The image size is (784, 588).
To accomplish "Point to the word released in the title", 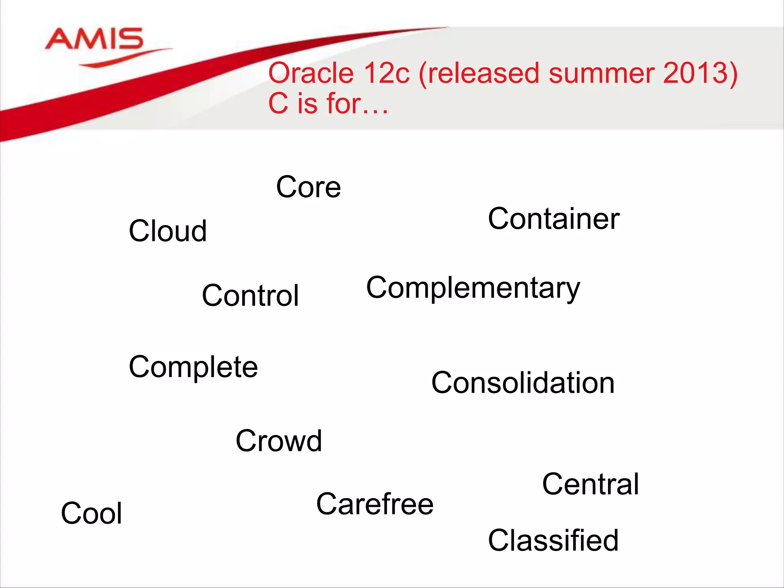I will (485, 73).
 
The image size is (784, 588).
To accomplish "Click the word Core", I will (309, 187).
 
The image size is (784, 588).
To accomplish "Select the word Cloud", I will (168, 231).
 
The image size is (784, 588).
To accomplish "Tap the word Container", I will (554, 219).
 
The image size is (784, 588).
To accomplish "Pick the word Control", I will (250, 296).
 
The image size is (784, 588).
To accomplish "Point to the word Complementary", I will (473, 288).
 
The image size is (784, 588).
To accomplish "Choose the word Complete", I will (193, 367).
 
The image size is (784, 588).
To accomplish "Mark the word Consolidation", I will (523, 383).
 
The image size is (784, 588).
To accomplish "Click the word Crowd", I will (279, 441).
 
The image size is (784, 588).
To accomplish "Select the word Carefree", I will (375, 504).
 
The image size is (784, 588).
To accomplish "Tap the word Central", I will (591, 484).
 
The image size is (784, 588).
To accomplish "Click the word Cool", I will (91, 513).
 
